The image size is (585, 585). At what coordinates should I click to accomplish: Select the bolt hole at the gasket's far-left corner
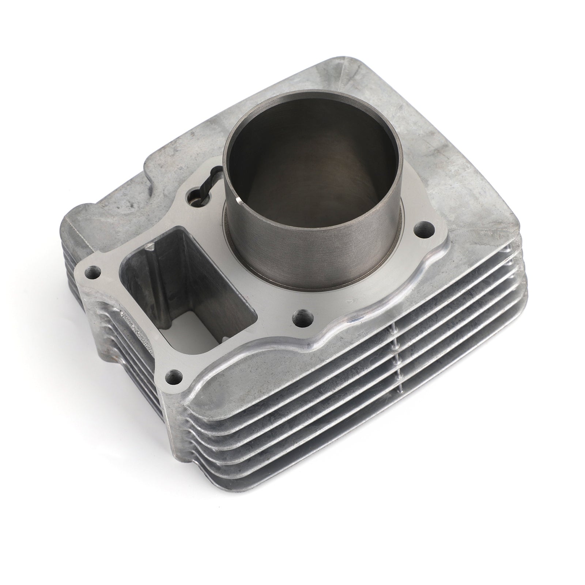pyautogui.click(x=92, y=272)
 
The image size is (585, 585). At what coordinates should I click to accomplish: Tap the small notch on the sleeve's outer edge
pyautogui.click(x=238, y=200)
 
